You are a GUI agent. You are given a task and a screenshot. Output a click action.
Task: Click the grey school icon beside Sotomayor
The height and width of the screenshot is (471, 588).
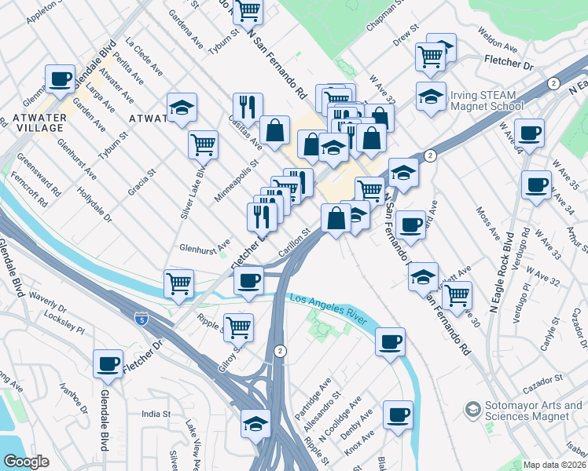tap(472, 409)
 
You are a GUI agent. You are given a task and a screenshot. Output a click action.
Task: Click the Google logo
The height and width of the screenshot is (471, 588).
tap(26, 462)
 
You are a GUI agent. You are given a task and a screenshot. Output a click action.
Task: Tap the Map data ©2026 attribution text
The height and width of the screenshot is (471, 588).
tap(553, 465)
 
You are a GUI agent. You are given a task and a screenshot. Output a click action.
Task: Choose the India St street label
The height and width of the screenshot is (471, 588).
tap(156, 414)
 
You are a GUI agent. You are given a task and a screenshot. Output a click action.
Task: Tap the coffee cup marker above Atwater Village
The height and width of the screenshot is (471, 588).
tap(61, 78)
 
